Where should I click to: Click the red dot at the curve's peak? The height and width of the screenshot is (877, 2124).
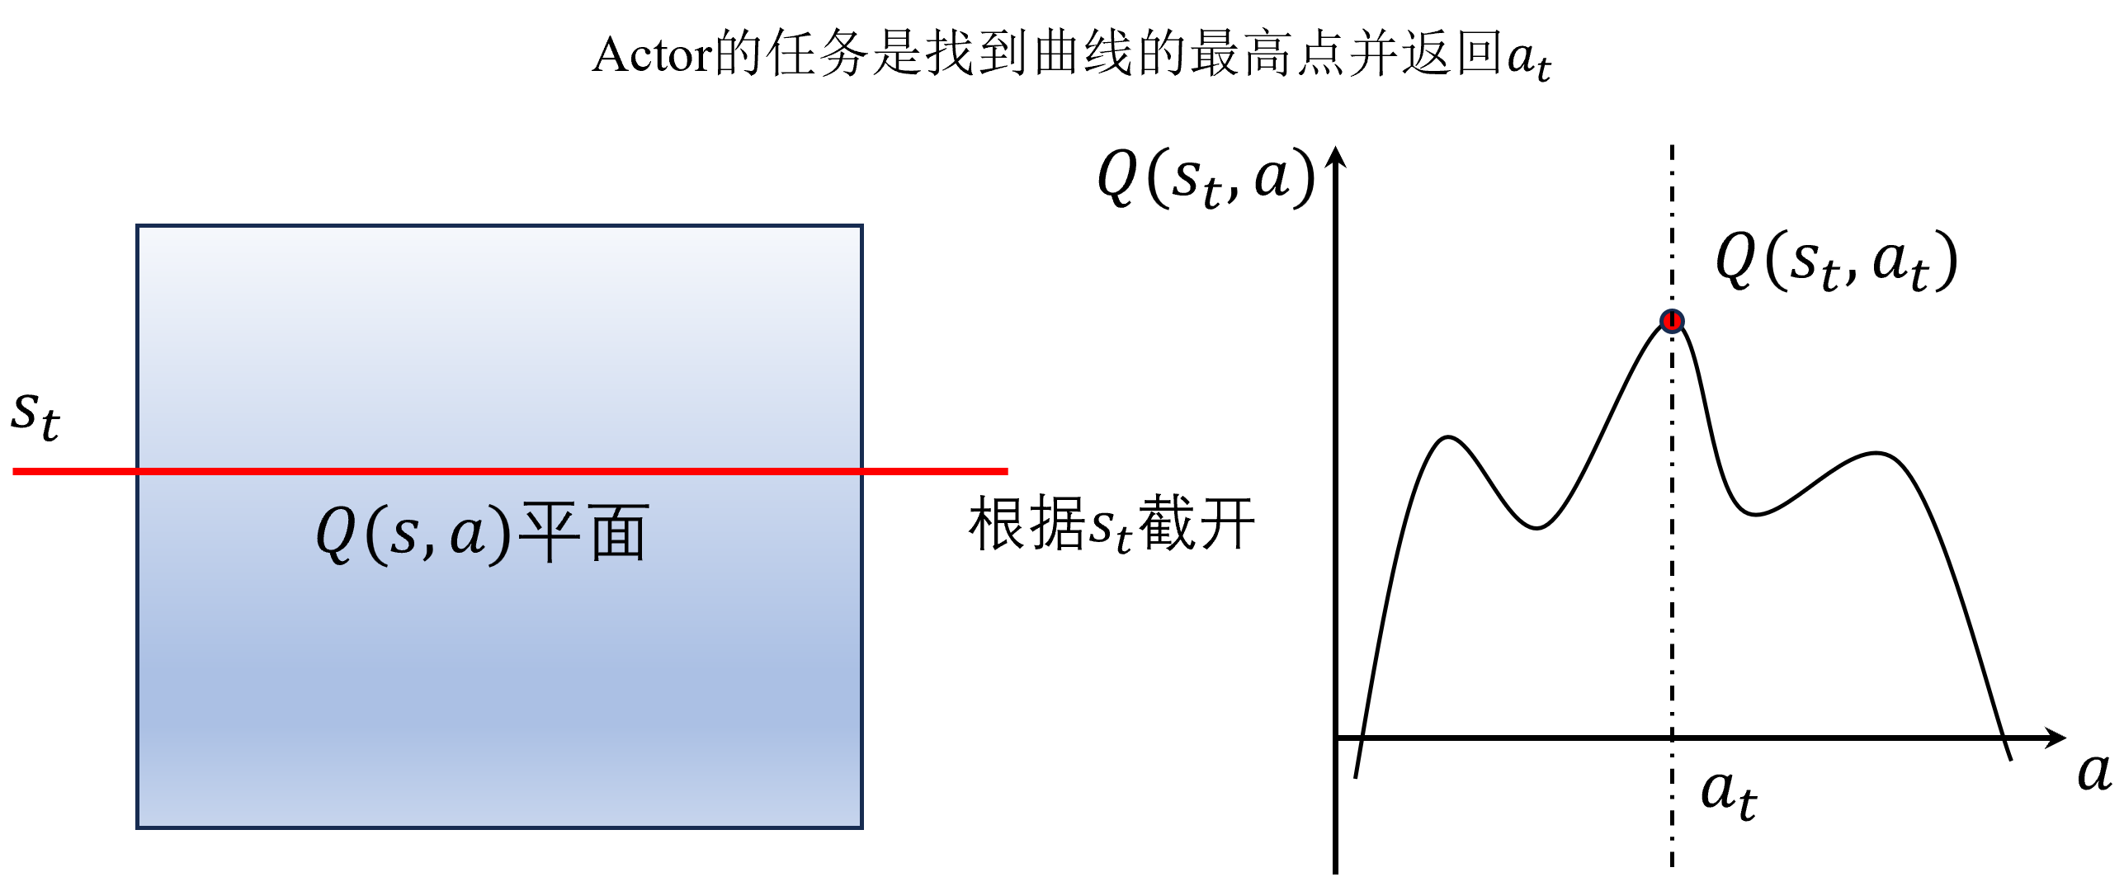pos(1672,321)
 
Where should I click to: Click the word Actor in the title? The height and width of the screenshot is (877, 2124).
pos(653,55)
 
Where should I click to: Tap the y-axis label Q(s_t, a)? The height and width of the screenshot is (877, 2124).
pos(1206,177)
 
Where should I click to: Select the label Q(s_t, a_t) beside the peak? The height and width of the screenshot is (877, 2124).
pos(1836,260)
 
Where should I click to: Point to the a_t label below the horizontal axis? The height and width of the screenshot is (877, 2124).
pos(1729,794)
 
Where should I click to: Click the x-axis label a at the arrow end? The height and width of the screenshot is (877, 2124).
pos(2094,772)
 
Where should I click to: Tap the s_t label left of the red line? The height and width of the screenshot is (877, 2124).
pos(35,415)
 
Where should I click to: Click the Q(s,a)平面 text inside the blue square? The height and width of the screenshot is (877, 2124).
pos(483,534)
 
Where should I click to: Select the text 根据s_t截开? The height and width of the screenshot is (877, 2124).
pos(1112,524)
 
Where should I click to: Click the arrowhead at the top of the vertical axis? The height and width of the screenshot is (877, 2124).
pos(1336,156)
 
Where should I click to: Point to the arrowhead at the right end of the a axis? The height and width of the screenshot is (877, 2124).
pos(2056,738)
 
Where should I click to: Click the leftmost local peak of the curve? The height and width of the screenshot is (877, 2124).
pos(1448,437)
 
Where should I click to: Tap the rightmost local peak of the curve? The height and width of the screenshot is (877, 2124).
pos(1877,453)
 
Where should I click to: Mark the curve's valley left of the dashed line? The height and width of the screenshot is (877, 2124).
pos(1536,528)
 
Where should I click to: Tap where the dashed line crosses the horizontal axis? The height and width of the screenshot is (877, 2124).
pos(1672,738)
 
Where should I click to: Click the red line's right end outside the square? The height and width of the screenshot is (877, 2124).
pos(1007,471)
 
